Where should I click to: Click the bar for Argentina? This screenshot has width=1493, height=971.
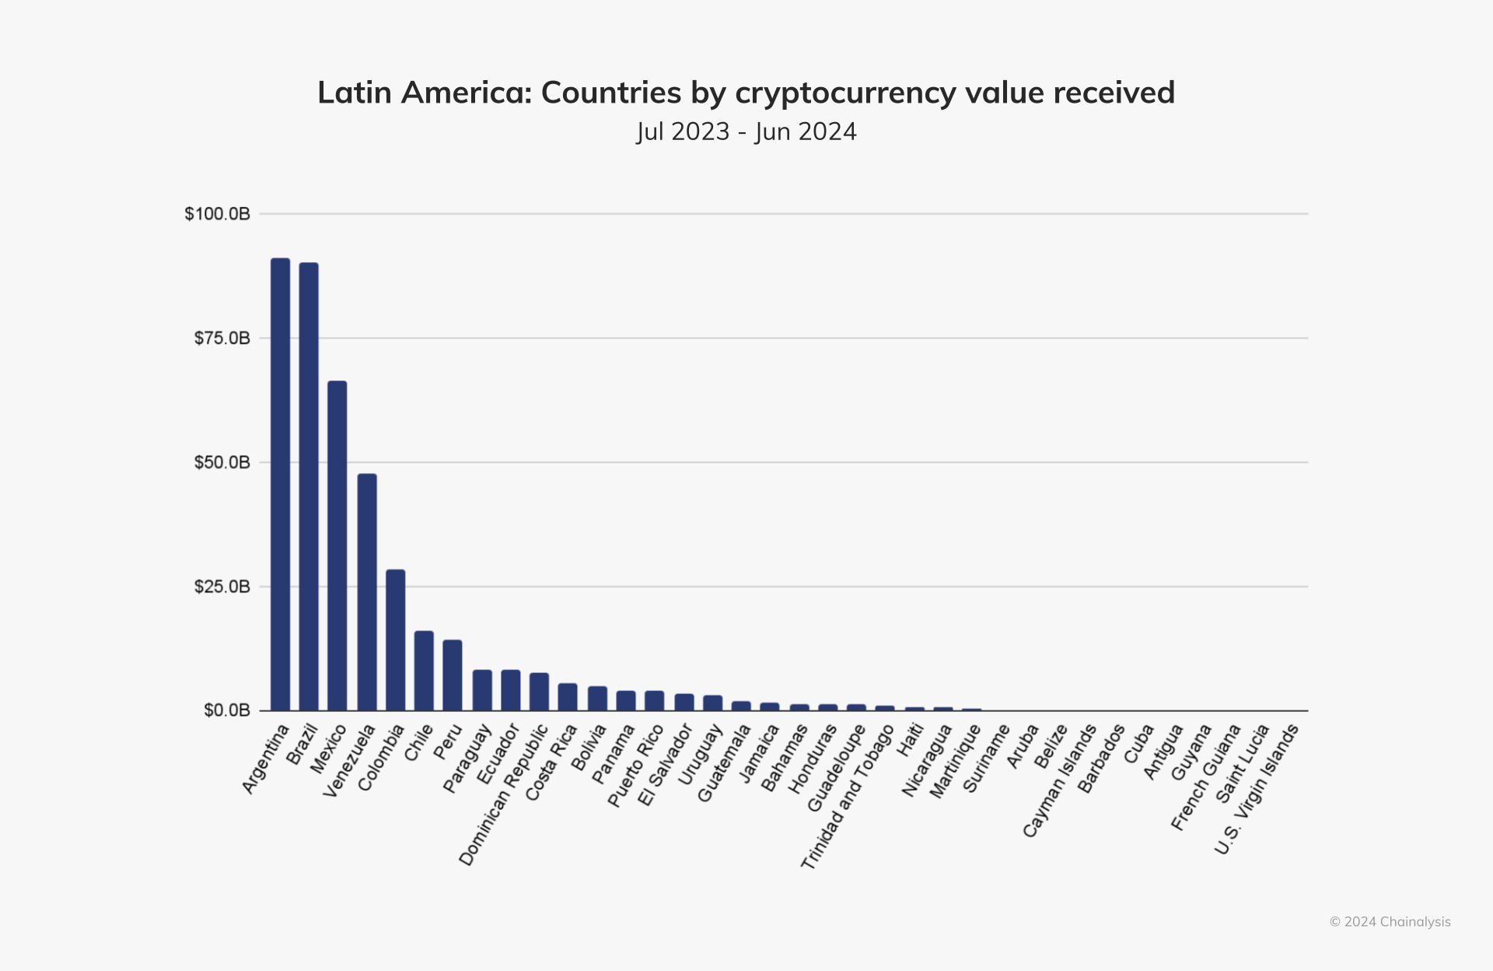pos(280,484)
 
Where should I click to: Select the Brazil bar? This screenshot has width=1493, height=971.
pos(309,486)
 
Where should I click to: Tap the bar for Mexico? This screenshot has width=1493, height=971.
pos(337,545)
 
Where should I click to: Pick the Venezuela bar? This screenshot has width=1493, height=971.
pos(367,592)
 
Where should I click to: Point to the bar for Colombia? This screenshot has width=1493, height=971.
pos(396,640)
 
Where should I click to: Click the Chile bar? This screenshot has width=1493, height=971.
pos(424,671)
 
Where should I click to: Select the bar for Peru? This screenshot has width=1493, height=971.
pos(453,675)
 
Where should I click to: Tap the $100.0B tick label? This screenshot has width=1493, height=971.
pos(217,214)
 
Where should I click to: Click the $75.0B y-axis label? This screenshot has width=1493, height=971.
pos(222,338)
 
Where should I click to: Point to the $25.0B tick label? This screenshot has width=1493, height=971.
pos(222,587)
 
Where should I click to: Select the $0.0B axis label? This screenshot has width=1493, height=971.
pos(226,710)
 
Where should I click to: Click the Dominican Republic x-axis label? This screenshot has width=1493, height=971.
pos(504,795)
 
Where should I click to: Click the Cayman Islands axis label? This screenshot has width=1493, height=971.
pos(1058,781)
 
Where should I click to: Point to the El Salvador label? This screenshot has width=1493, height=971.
pos(664,766)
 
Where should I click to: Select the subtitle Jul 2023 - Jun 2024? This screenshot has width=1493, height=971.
pos(746,131)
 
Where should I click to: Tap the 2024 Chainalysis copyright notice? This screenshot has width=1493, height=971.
pos(1390,922)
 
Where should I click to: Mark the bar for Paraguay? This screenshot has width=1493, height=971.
pos(482,690)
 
